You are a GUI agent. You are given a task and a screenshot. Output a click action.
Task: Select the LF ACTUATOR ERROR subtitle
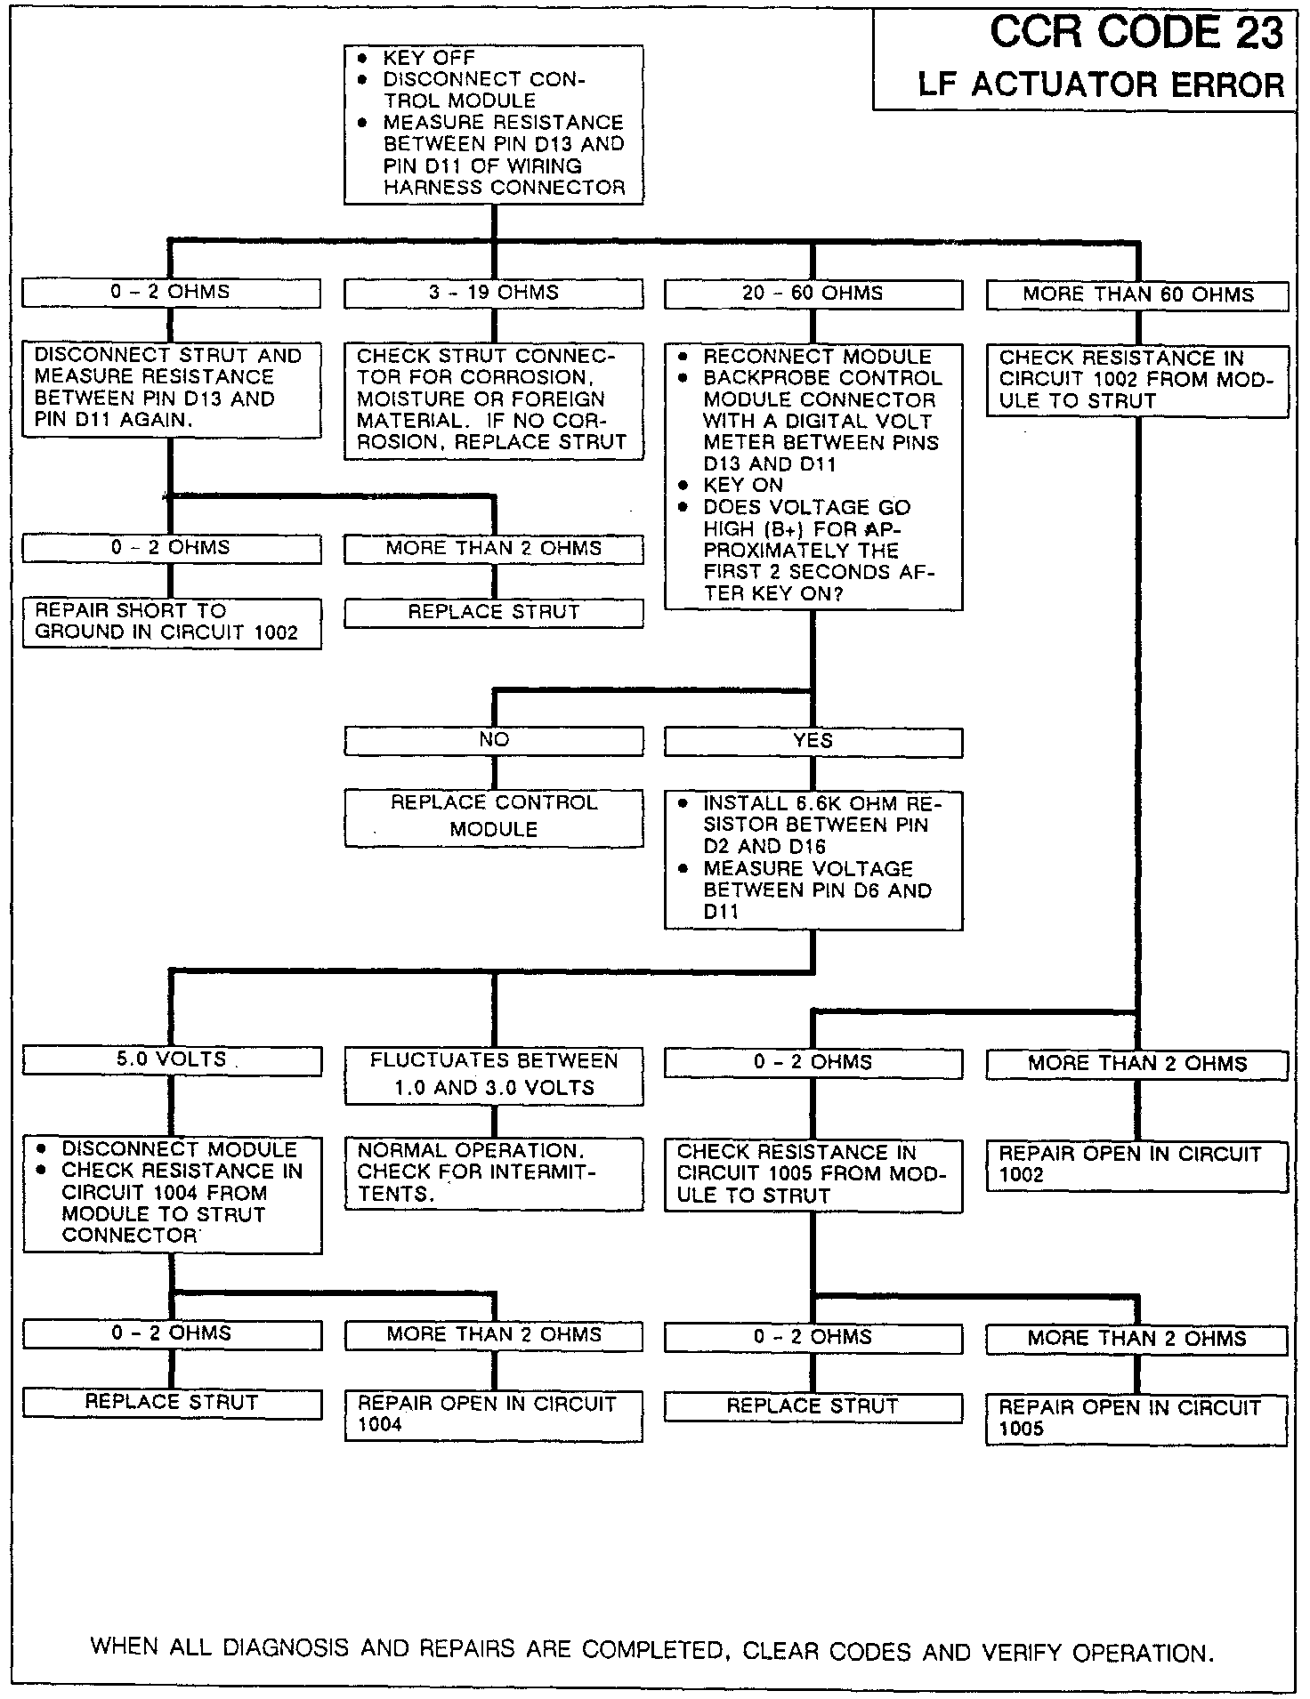click(x=1101, y=85)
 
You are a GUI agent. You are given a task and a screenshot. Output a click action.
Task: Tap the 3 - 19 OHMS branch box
click(x=493, y=293)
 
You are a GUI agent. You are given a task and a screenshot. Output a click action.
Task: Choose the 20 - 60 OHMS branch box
click(x=813, y=294)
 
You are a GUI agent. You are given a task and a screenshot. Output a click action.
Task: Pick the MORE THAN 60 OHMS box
click(x=1136, y=295)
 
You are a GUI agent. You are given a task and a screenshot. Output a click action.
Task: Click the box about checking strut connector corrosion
click(x=493, y=399)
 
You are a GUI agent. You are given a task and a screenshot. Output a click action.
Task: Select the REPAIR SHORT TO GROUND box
click(x=171, y=622)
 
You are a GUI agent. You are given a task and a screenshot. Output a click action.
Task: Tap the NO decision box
click(x=493, y=740)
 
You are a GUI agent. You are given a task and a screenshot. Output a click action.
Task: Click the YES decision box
click(x=813, y=741)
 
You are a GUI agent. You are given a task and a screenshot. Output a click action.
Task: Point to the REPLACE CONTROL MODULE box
click(x=493, y=817)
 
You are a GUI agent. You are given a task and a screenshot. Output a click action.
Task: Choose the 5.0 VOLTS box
click(x=171, y=1059)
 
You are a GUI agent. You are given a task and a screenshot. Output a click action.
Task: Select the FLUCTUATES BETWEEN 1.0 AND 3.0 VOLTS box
click(x=493, y=1075)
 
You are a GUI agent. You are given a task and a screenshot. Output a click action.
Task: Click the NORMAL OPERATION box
click(x=493, y=1172)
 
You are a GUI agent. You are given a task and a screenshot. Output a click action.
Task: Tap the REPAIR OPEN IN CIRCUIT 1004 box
click(x=493, y=1414)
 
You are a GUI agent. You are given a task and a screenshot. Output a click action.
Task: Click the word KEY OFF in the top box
click(x=429, y=58)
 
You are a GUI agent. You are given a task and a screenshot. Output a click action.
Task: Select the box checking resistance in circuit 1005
click(x=813, y=1174)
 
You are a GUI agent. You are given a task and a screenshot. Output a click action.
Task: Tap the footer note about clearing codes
click(x=652, y=1650)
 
